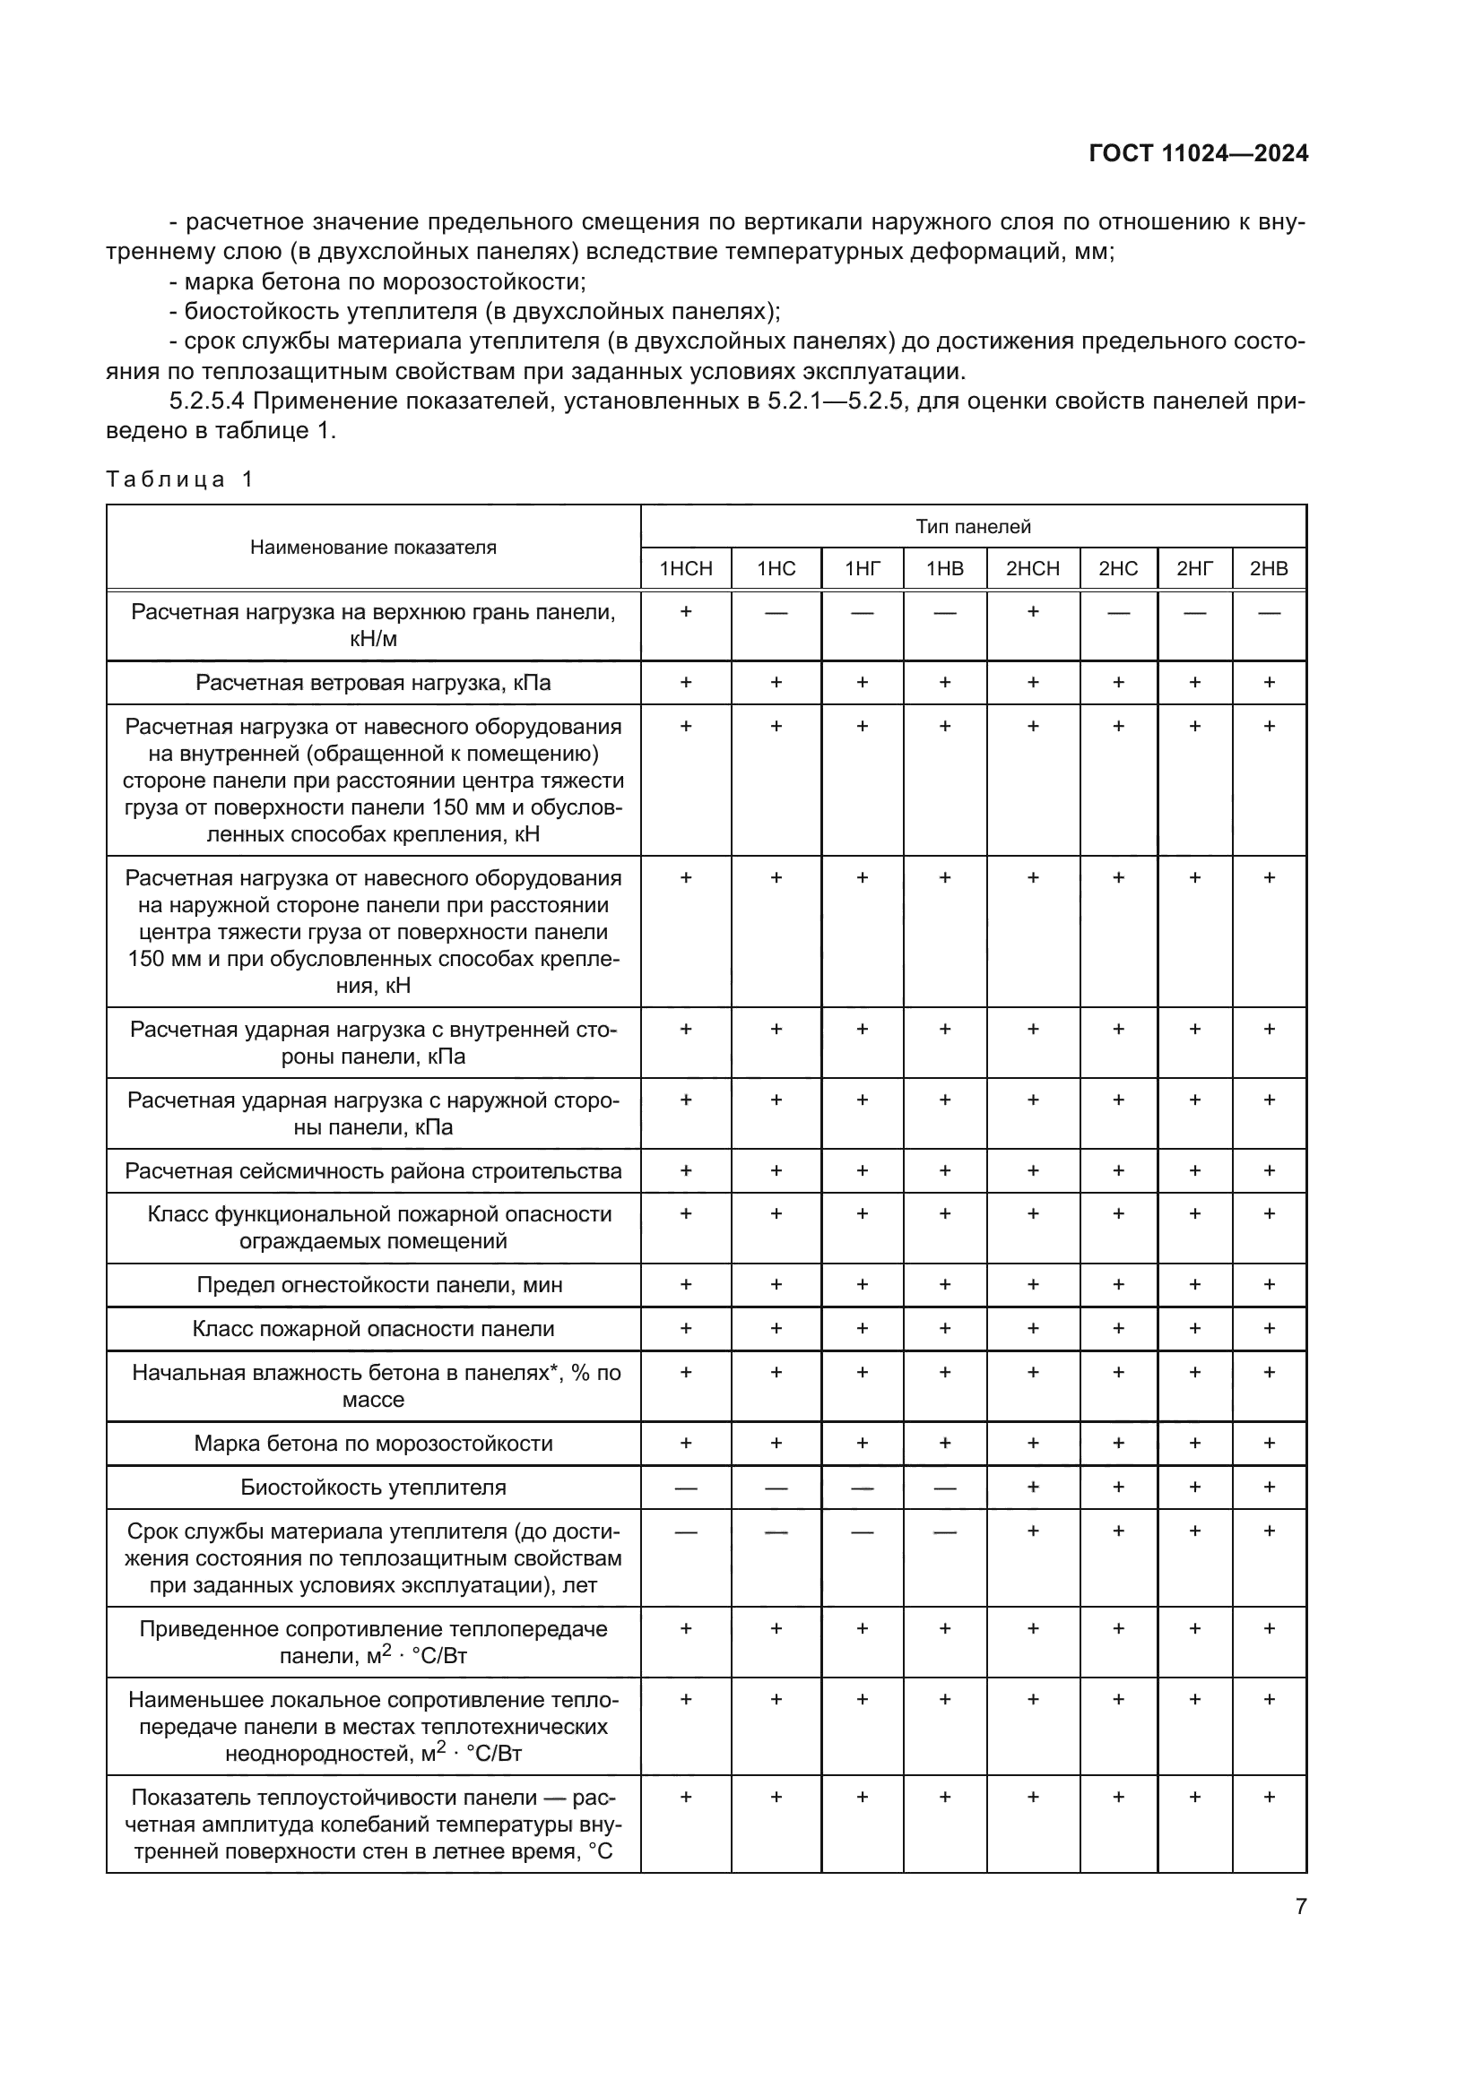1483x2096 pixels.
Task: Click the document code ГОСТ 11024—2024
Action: click(x=1198, y=153)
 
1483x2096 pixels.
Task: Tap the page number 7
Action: click(x=1301, y=1906)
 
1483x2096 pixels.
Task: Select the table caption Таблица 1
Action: click(x=179, y=479)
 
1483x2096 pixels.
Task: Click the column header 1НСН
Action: click(x=686, y=569)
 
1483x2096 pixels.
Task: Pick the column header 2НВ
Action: click(x=1269, y=569)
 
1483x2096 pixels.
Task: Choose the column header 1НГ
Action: click(x=862, y=569)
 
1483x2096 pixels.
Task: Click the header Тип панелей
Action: click(x=974, y=527)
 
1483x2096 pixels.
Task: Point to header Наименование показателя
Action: click(x=374, y=548)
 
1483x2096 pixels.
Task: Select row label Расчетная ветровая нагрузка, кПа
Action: click(x=374, y=683)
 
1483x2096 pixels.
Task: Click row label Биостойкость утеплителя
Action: click(x=374, y=1488)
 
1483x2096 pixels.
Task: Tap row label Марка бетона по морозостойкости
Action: click(x=374, y=1444)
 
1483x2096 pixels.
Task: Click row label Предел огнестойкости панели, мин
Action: click(x=374, y=1284)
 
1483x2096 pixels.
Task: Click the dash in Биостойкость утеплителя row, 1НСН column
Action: click(x=686, y=1488)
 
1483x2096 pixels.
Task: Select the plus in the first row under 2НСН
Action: click(x=1033, y=611)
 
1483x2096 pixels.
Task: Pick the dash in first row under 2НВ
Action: click(x=1269, y=613)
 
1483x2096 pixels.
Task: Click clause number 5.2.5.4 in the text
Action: click(x=204, y=401)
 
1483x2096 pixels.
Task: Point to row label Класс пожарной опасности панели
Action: click(x=374, y=1328)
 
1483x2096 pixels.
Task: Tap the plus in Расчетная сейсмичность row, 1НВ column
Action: click(x=945, y=1170)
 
